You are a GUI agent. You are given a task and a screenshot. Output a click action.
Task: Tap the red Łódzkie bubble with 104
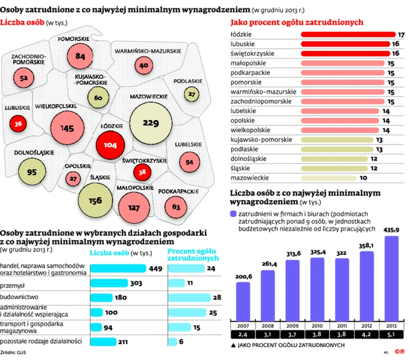[x=110, y=144]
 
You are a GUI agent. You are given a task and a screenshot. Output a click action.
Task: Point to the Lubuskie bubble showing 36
[x=18, y=123]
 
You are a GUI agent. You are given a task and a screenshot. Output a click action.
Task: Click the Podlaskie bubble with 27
[x=192, y=94]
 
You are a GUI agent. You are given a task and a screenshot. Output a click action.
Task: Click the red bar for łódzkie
[x=348, y=34]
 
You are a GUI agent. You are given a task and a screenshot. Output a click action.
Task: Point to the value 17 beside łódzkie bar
[x=401, y=34]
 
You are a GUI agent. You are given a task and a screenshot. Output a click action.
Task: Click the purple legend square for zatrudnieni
[x=234, y=214]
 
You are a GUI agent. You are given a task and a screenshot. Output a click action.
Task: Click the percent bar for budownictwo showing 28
[x=188, y=298]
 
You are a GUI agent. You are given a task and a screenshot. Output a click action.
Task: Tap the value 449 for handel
[x=155, y=268]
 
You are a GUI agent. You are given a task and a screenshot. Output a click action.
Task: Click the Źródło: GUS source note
[x=15, y=351]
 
